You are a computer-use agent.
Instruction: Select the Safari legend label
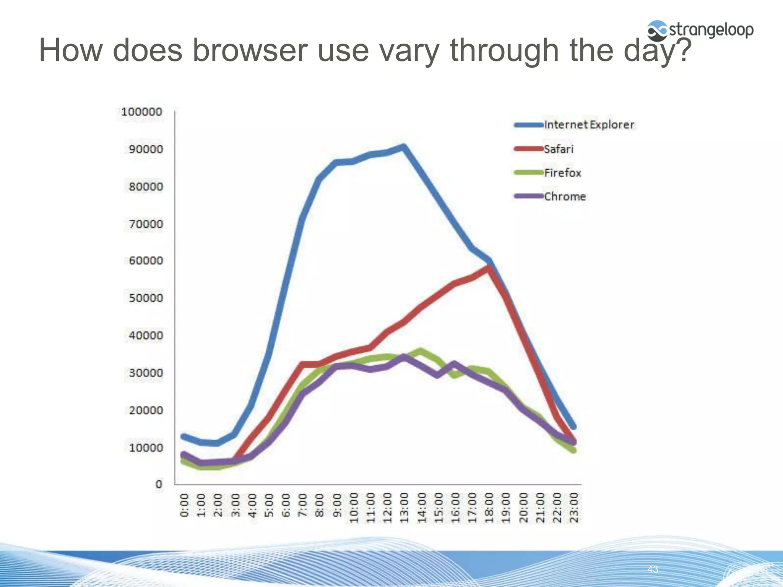point(559,149)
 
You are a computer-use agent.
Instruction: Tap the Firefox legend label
point(562,173)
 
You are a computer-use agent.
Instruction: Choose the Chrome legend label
point(565,196)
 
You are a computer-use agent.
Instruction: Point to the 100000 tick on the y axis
point(141,112)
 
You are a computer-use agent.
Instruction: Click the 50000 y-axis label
point(146,298)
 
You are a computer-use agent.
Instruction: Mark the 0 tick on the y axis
point(159,484)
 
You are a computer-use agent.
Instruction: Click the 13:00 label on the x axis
point(404,508)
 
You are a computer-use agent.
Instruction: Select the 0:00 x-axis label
point(184,505)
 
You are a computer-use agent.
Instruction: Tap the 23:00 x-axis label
point(574,508)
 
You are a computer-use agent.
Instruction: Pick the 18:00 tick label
point(489,508)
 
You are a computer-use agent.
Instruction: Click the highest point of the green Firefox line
point(421,350)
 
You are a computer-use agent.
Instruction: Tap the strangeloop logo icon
point(657,31)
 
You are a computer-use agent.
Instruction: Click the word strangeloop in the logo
point(711,30)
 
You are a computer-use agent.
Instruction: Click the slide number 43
point(652,569)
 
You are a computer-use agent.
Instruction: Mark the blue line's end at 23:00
point(573,427)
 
